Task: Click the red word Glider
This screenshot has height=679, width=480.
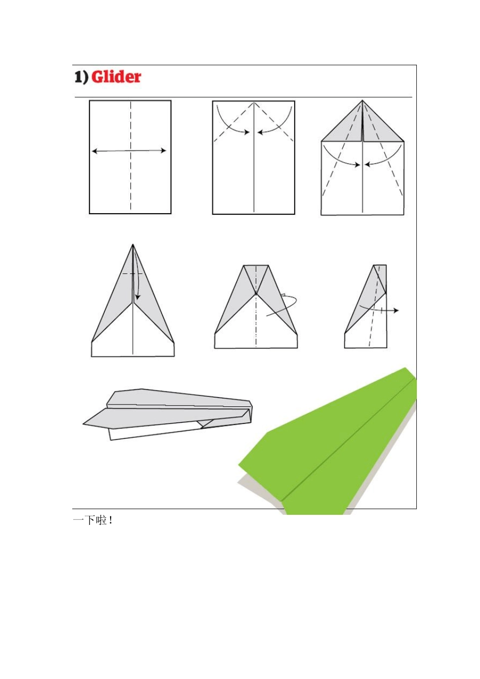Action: pyautogui.click(x=116, y=77)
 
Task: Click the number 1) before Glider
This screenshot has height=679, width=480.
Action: pyautogui.click(x=81, y=77)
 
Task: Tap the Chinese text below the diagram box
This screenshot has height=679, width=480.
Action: pyautogui.click(x=93, y=520)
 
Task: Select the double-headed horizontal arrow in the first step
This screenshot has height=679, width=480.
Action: pyautogui.click(x=129, y=151)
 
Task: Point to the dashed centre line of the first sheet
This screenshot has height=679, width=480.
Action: pyautogui.click(x=131, y=156)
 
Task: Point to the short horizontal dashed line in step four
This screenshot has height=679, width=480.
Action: pyautogui.click(x=132, y=274)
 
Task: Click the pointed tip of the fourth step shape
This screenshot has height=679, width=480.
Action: pyautogui.click(x=133, y=245)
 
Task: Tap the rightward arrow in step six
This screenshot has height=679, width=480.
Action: pyautogui.click(x=379, y=310)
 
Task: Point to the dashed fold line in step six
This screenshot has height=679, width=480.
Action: pyautogui.click(x=375, y=306)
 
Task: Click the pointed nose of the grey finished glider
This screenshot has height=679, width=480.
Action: pyautogui.click(x=84, y=424)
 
